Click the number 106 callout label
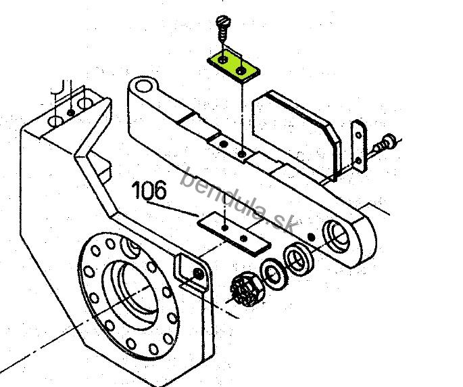149,190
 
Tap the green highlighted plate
233,67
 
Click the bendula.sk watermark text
239,200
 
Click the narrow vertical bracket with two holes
358,145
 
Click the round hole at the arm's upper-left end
143,87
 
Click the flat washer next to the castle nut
274,273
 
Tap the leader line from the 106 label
172,209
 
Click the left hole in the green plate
222,60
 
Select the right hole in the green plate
241,70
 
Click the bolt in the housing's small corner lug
197,273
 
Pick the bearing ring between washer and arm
297,258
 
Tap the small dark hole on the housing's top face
70,112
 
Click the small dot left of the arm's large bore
311,237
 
